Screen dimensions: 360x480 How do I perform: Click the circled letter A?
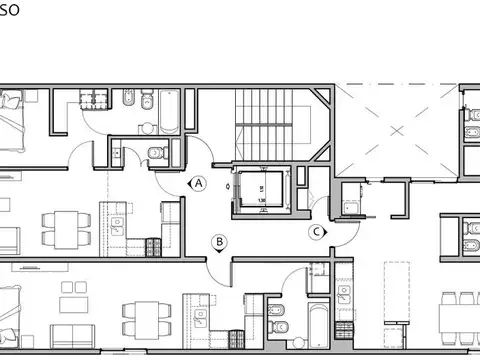[199, 183]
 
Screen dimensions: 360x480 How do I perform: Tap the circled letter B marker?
[218, 241]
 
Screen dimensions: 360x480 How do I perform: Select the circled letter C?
[316, 232]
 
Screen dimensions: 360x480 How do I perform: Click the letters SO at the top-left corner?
[12, 9]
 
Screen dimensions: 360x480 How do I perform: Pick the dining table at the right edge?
[462, 315]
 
